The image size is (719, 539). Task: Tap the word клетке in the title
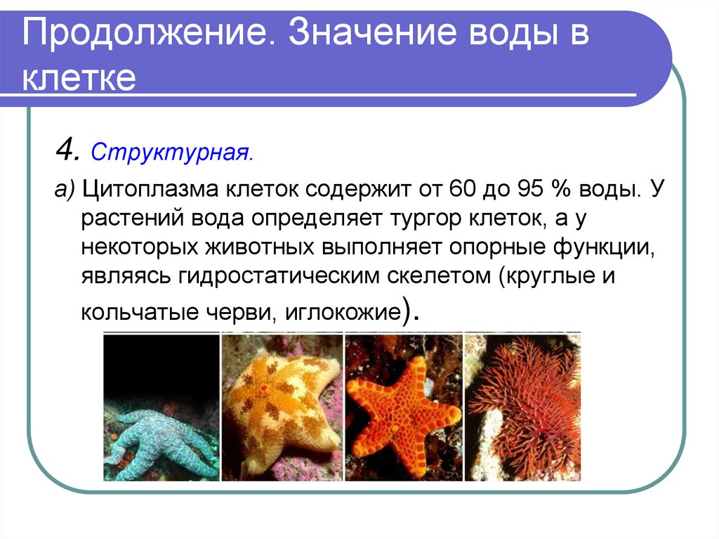click(78, 78)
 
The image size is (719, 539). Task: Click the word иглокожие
click(342, 311)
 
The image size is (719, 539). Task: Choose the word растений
click(131, 219)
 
